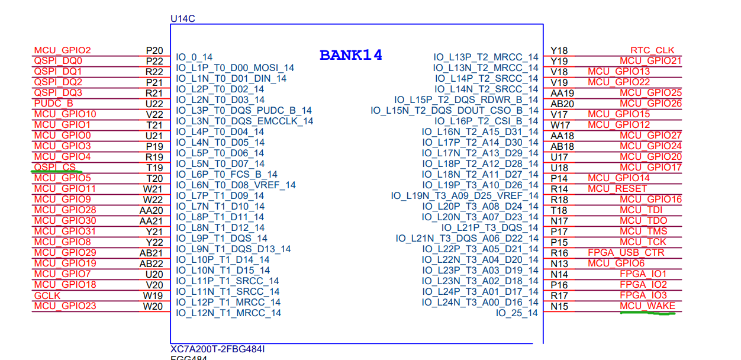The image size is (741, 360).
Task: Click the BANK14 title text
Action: point(350,56)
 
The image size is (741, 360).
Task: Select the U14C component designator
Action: point(182,19)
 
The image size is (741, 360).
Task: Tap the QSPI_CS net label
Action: point(55,168)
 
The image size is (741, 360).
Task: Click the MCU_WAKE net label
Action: point(647,306)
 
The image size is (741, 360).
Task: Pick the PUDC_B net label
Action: point(54,104)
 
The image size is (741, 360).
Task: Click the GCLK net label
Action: point(47,295)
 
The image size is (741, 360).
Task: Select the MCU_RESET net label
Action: point(617,189)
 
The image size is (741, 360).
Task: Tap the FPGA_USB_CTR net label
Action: point(626,253)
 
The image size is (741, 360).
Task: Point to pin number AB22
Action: point(151,263)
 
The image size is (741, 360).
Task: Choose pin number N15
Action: point(559,306)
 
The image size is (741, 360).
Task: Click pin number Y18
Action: point(559,50)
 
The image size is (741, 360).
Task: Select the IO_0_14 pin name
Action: point(194,57)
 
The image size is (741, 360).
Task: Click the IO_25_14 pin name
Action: point(517,313)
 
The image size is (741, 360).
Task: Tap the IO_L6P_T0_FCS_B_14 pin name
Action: point(227,174)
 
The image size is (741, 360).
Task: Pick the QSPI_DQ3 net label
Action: point(58,93)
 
